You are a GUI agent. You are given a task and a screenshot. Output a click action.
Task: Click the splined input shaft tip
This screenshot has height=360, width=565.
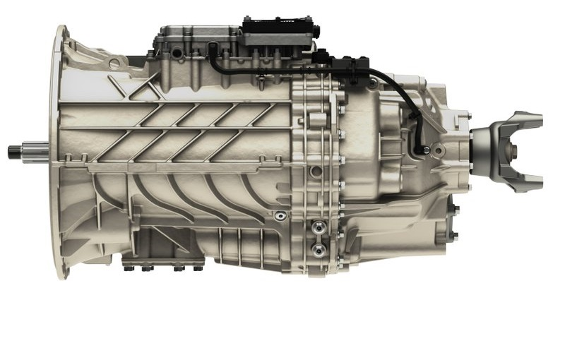point(16,150)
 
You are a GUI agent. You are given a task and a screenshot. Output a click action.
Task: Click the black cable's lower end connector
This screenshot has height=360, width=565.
point(422,149)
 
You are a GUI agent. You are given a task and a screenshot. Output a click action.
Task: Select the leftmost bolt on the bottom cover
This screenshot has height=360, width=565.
point(128,268)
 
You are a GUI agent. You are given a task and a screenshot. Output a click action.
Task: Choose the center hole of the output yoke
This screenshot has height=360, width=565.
point(513,150)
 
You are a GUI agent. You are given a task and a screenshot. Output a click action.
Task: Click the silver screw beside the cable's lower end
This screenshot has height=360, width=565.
point(432,150)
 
